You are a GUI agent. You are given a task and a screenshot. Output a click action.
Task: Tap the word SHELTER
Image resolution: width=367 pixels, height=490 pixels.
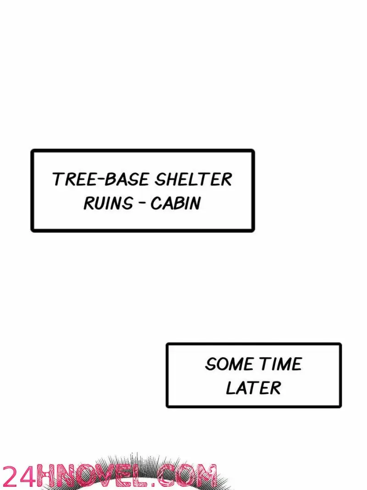[194, 179]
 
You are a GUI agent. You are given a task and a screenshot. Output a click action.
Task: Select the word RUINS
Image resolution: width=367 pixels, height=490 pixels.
[108, 203]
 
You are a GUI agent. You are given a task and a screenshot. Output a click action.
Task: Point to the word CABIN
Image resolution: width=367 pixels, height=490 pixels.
[175, 203]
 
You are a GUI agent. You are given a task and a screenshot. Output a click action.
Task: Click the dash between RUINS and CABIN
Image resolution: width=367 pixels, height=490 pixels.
[142, 203]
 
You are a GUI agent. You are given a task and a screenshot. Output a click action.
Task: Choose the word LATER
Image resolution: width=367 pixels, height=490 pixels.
[253, 388]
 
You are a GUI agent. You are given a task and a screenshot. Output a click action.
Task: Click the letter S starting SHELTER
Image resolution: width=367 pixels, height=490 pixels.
[160, 179]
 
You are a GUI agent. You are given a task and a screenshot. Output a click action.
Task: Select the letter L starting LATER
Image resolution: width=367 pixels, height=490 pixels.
[230, 388]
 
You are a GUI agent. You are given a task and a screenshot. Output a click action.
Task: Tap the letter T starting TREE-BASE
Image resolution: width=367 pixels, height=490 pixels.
[58, 179]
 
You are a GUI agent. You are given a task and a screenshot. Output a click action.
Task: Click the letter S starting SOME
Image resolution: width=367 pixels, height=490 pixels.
[210, 364]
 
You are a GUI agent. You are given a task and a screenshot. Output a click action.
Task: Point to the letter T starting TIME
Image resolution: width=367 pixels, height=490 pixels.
[264, 364]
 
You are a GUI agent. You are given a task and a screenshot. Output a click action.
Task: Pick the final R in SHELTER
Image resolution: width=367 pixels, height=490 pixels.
[227, 179]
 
